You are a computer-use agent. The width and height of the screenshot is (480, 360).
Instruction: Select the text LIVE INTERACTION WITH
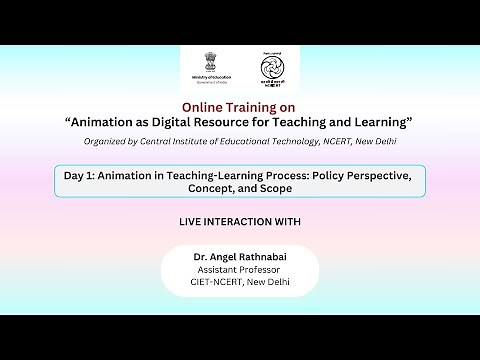(239, 220)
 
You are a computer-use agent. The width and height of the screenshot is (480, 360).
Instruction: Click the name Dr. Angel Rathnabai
(240, 257)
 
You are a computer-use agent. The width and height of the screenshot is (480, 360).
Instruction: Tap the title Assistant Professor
(240, 269)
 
